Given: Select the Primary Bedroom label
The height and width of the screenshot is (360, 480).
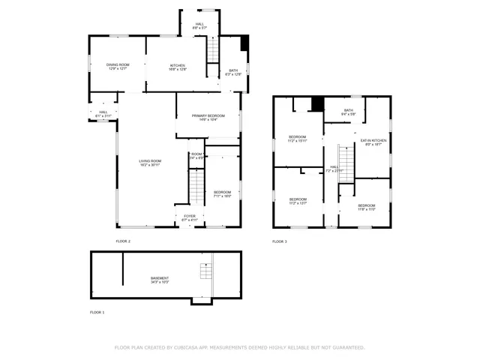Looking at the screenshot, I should (x=208, y=117).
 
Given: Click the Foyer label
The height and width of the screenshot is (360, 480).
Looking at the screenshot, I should (x=189, y=217).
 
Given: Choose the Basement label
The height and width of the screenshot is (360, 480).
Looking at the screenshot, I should (x=159, y=280).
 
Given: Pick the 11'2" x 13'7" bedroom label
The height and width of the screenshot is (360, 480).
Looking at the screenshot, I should (x=298, y=201).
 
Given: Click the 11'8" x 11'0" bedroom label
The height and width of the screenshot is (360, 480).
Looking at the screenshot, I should (x=366, y=207).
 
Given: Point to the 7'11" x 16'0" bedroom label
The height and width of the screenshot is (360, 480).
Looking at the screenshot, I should (x=222, y=194).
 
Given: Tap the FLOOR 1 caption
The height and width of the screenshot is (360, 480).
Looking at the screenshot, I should (x=97, y=312).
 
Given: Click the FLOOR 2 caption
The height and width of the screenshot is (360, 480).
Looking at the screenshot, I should (x=123, y=241).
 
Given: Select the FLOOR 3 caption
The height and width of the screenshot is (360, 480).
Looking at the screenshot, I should (x=279, y=241).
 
